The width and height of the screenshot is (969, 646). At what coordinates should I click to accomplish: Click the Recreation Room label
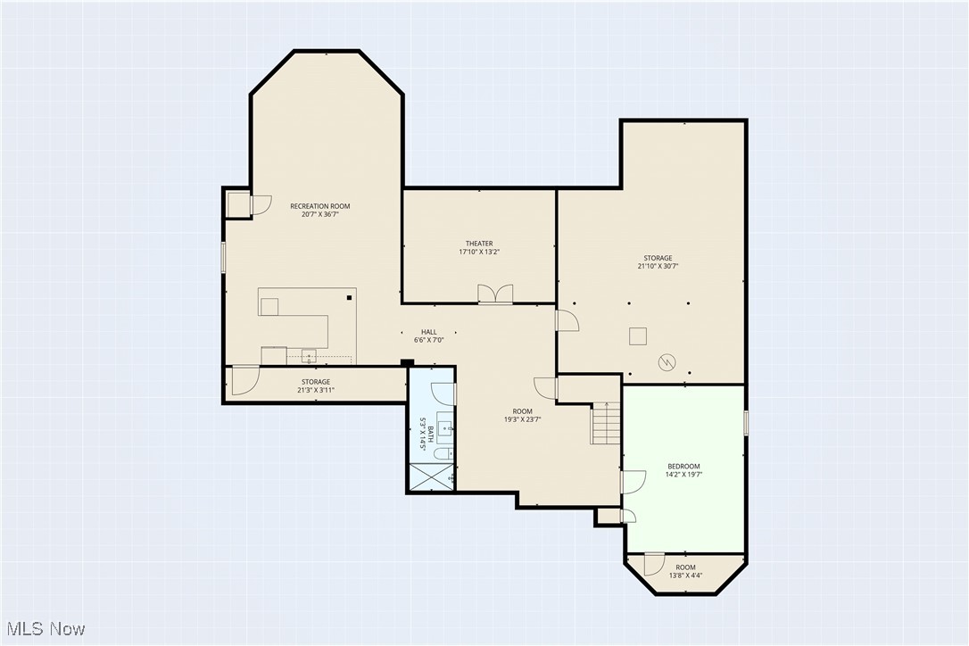click(319, 206)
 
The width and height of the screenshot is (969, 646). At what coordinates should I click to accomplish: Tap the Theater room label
click(478, 244)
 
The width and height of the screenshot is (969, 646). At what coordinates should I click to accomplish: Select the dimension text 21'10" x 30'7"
click(658, 266)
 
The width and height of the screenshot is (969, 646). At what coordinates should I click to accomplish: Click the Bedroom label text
click(683, 467)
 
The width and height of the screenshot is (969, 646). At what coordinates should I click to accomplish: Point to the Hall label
click(428, 332)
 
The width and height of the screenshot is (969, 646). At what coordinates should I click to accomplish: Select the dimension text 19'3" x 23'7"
click(522, 419)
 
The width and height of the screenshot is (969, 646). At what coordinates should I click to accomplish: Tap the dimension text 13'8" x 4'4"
click(685, 576)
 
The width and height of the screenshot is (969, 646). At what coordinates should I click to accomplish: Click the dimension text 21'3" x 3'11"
click(315, 390)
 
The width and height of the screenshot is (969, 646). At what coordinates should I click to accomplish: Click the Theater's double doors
click(495, 294)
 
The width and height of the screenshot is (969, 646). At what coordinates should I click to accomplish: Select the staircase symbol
click(606, 423)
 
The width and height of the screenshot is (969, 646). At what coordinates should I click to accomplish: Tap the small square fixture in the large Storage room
click(637, 335)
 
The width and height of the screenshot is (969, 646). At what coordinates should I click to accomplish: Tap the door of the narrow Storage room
click(244, 381)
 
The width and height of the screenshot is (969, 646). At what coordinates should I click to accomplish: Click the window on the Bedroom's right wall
click(745, 423)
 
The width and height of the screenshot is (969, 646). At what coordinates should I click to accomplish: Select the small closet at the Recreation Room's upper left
click(238, 204)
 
